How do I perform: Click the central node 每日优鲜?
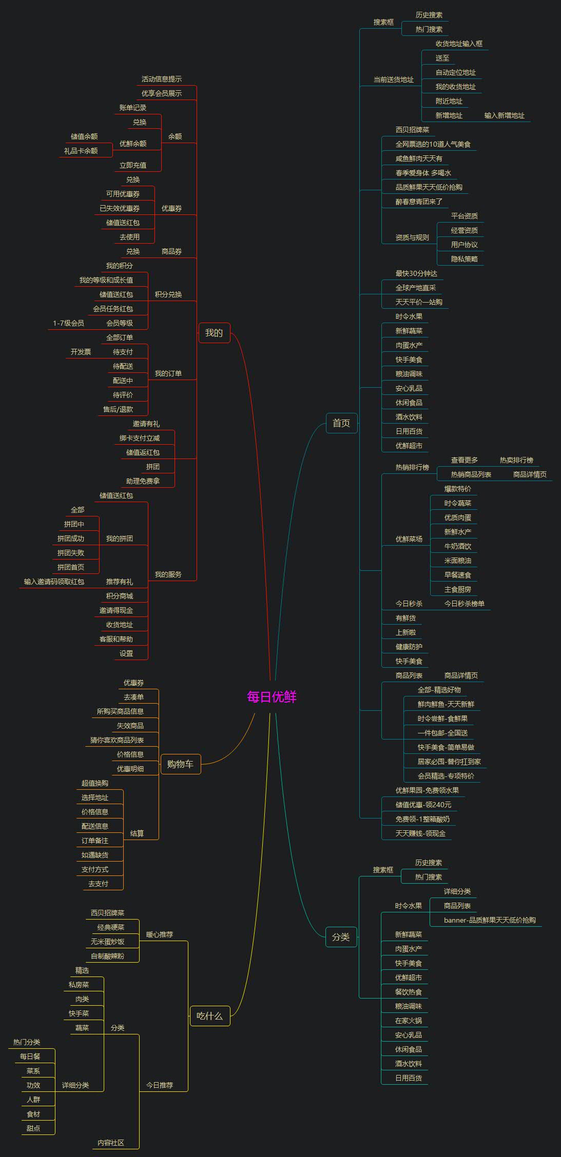[272, 697]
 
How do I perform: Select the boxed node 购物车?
[180, 764]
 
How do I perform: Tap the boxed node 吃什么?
[209, 1016]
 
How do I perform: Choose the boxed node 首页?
[341, 423]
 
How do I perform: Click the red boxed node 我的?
[214, 333]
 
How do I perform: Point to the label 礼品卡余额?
[81, 151]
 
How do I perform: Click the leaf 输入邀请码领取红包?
[54, 582]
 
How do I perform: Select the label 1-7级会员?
[68, 323]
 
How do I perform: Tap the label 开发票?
[81, 352]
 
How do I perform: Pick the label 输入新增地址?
[504, 115]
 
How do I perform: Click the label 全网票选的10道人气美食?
[433, 144]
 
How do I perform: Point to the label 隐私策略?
[464, 259]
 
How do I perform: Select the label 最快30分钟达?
[416, 273]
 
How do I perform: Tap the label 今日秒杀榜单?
[464, 604]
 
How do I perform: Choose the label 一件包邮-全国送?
[442, 733]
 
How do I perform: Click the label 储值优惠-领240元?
[423, 805]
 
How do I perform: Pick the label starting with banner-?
[490, 920]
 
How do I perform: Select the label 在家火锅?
[408, 1021]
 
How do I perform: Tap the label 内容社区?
[111, 1143]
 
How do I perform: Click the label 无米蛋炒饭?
[107, 942]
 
